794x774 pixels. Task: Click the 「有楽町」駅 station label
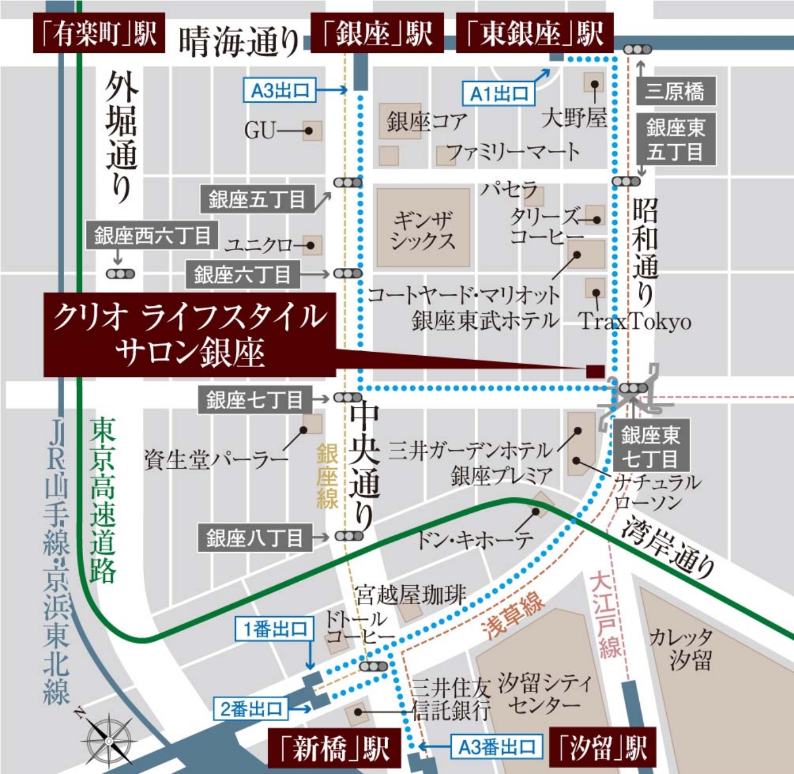(99, 33)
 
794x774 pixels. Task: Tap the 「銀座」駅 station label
(377, 33)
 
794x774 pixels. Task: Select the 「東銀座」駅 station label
(534, 33)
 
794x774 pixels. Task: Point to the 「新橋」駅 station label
(334, 749)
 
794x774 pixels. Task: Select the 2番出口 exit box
(251, 709)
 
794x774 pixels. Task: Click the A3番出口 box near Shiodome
(496, 747)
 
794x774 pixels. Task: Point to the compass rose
(109, 740)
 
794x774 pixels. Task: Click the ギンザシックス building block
(423, 228)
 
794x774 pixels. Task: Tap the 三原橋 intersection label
(675, 91)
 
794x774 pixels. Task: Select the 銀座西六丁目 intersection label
(152, 235)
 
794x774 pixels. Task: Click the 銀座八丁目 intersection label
(255, 538)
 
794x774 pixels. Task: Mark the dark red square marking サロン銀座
(595, 371)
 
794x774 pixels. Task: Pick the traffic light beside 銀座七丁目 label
(347, 398)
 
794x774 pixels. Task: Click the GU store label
(260, 131)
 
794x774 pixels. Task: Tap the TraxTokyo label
(635, 321)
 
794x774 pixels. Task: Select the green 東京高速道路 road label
(103, 499)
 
